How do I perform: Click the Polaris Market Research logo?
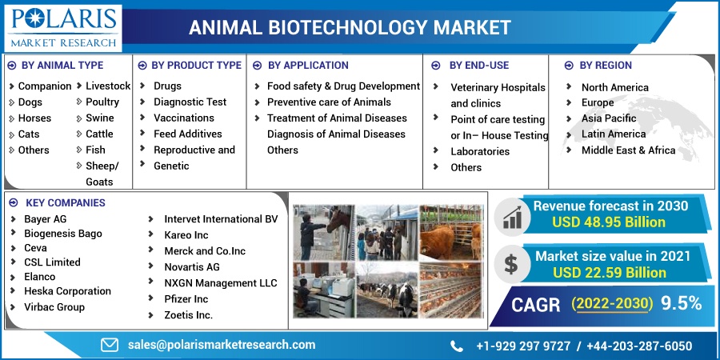63,27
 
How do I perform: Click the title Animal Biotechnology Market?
350,27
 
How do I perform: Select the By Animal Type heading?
62,66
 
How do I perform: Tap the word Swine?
100,118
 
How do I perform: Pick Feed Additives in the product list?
188,134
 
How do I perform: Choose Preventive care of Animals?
330,102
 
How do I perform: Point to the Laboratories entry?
480,151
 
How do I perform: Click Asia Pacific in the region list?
609,118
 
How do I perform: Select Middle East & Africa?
628,150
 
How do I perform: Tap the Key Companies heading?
66,202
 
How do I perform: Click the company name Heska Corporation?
67,291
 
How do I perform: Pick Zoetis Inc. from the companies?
189,315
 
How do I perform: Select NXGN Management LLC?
221,283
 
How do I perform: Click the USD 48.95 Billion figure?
609,222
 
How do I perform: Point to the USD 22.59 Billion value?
610,273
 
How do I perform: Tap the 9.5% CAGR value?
682,304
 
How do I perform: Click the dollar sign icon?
510,264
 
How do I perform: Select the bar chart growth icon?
512,217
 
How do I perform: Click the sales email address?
222,345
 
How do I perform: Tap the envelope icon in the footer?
110,346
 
